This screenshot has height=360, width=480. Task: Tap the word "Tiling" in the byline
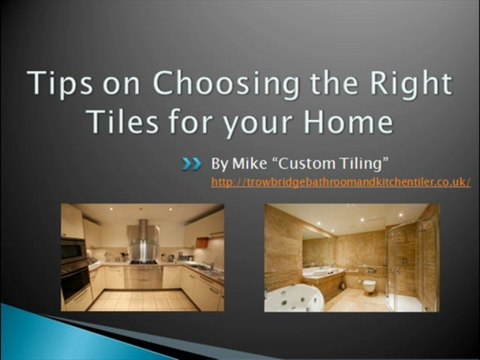coord(353,161)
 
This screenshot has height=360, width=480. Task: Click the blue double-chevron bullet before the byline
coord(192,161)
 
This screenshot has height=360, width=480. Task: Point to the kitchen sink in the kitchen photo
coord(200,267)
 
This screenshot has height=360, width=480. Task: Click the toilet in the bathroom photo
coord(371,286)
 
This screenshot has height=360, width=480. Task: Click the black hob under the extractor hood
coord(142,263)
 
